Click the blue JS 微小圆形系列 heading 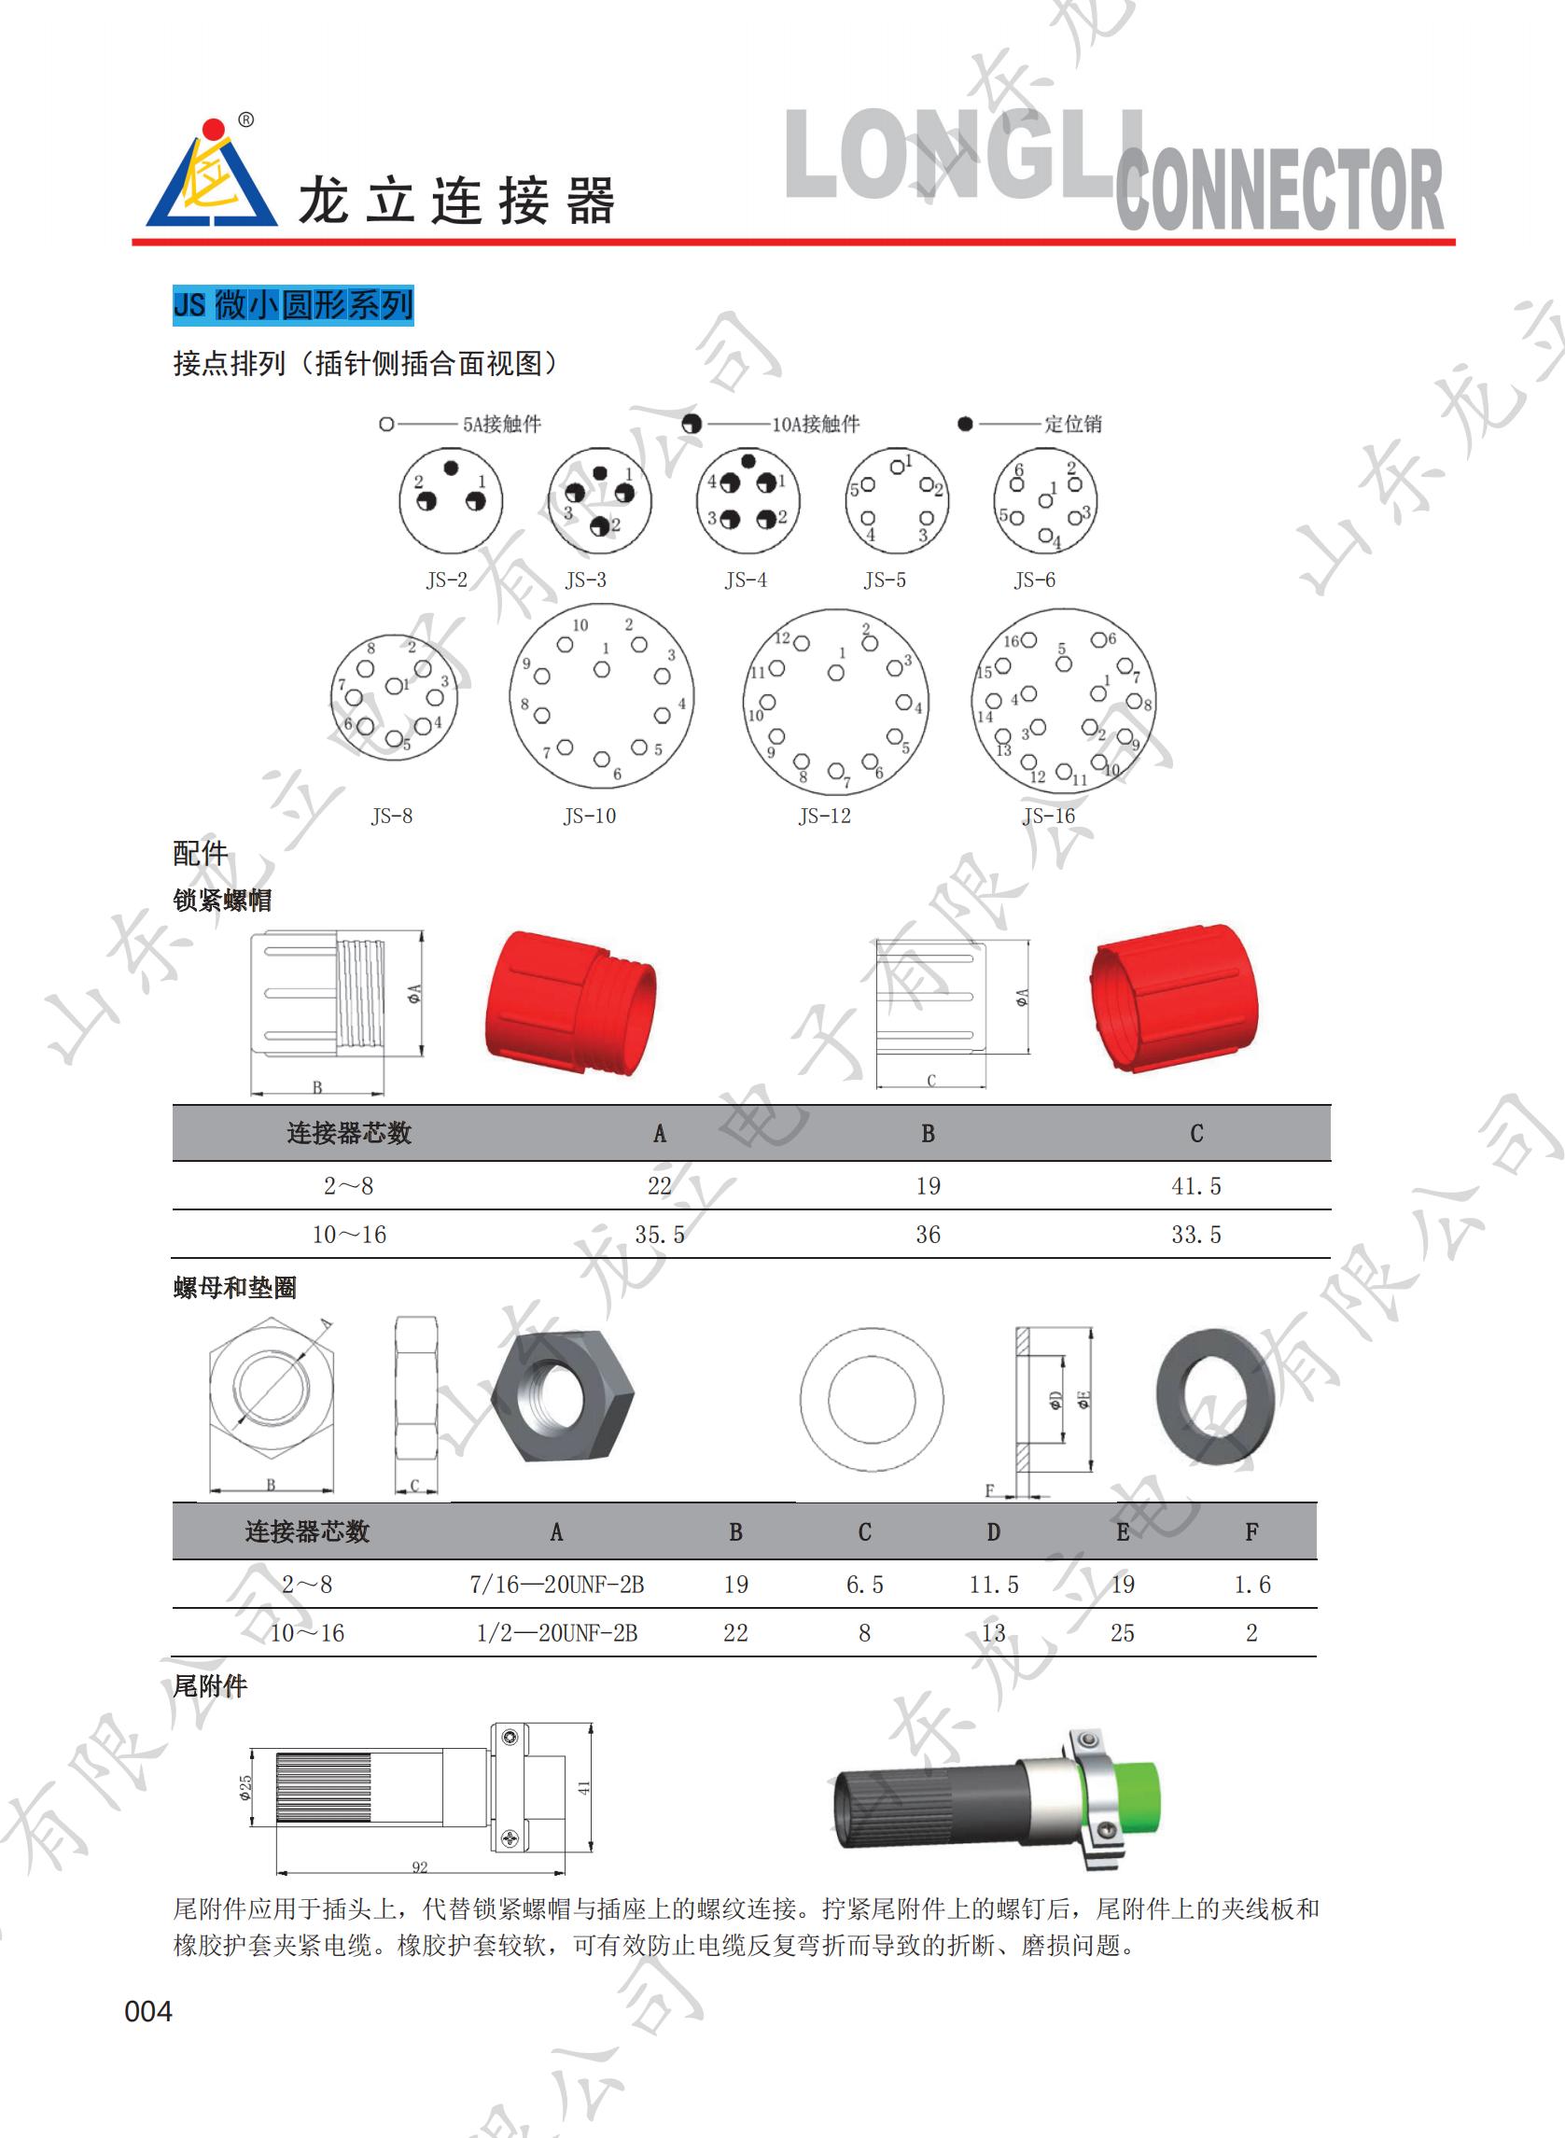(293, 305)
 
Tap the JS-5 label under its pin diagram (885, 580)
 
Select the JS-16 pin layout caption (1049, 816)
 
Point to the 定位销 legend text (1073, 424)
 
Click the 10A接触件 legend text (816, 424)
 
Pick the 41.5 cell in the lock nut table (1196, 1186)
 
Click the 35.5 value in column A (660, 1236)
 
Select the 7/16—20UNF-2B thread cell (557, 1585)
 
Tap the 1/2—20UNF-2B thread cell (557, 1633)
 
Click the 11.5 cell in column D (994, 1585)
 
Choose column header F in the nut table (1251, 1531)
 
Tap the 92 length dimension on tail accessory (420, 1867)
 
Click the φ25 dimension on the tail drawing (245, 1786)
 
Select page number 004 (148, 2011)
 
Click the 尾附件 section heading (210, 1687)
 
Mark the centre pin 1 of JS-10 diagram (602, 669)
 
